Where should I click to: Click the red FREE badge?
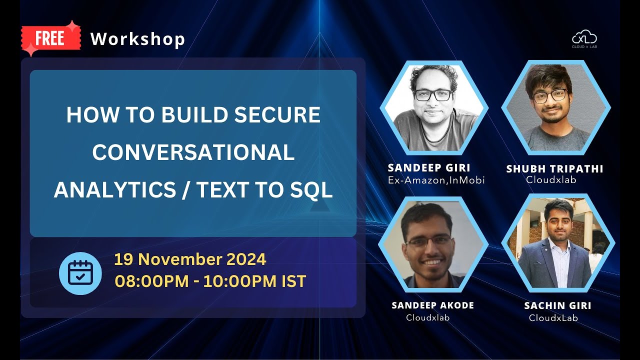pos(50,38)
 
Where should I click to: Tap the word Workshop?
pos(137,39)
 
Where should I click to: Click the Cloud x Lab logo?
pos(584,39)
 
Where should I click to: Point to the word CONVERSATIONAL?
pos(193,152)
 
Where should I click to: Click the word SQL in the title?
pos(313,190)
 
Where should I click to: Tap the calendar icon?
pos(80,273)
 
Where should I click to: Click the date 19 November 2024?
pos(190,259)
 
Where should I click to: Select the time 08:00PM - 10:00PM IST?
pos(210,281)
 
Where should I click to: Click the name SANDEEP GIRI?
pos(429,167)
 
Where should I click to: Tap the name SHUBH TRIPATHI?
pos(554,169)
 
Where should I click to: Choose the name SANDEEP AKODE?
pos(433,305)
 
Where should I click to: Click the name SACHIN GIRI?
pos(557,305)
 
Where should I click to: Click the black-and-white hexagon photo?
pos(434,107)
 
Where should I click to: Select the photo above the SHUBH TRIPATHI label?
pos(556,107)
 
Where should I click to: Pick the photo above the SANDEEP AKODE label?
pos(433,244)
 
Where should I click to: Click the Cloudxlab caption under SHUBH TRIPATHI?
pos(551,180)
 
